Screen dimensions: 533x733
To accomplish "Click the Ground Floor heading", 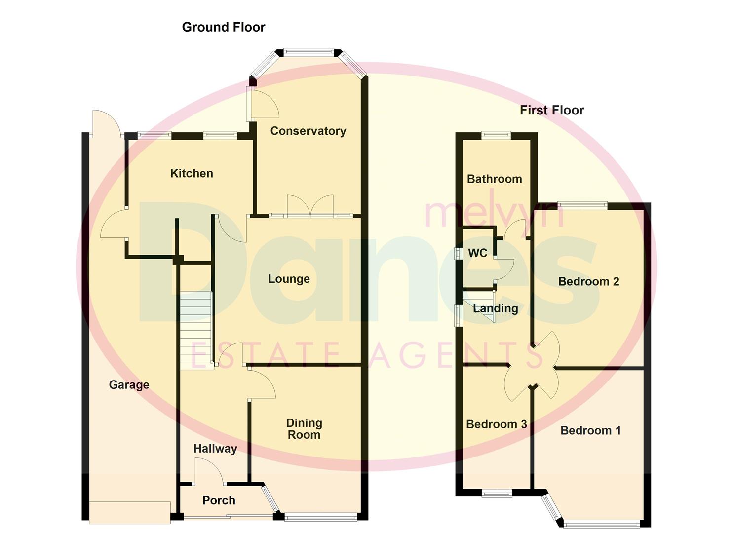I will (x=223, y=27).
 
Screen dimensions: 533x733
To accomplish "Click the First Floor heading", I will (x=551, y=110).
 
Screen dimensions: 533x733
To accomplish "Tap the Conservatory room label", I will (x=308, y=131).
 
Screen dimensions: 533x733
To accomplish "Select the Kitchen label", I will (x=192, y=173).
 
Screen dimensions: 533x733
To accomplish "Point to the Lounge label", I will (x=289, y=279).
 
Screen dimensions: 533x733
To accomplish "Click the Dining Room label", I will (x=304, y=429).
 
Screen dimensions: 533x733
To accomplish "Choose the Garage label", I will (x=129, y=385).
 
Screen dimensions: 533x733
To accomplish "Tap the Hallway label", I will (x=215, y=449).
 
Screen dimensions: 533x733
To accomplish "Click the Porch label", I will (x=219, y=500).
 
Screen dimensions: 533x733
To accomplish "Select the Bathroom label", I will (x=494, y=179).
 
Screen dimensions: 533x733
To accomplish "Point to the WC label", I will (x=477, y=253).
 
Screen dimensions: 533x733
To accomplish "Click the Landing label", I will (x=495, y=308).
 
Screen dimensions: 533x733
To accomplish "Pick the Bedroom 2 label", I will (x=588, y=282).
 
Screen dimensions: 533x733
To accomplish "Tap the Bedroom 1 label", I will (x=590, y=430).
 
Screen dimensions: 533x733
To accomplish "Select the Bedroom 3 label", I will (x=496, y=424).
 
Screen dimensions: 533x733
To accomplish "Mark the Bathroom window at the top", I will (x=496, y=135).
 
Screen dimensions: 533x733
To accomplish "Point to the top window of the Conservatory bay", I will (x=309, y=51).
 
